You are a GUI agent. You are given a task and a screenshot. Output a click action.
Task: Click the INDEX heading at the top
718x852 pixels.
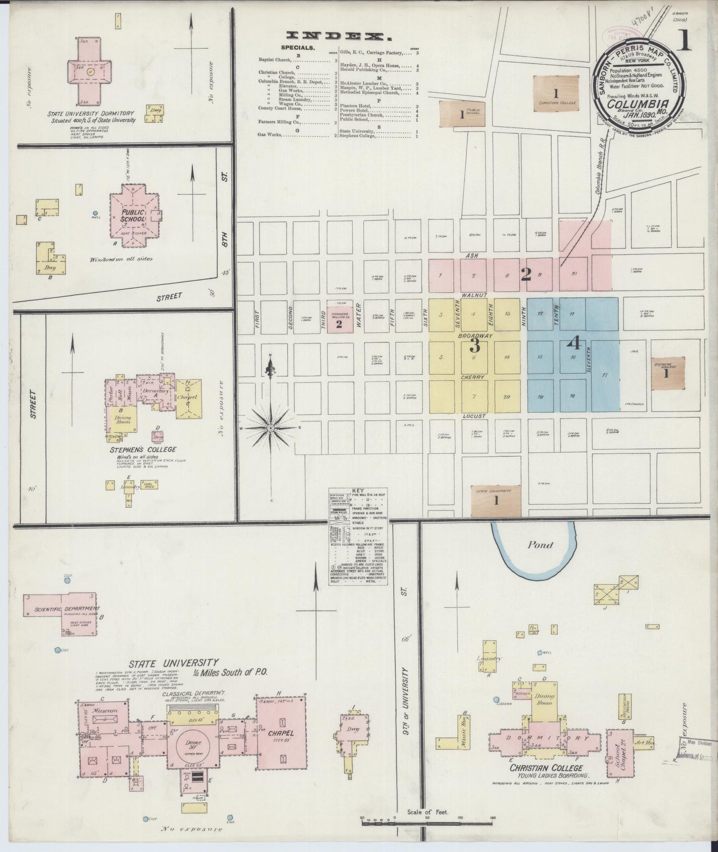coord(337,36)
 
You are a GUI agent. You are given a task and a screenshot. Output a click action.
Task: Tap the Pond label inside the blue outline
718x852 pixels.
coord(540,545)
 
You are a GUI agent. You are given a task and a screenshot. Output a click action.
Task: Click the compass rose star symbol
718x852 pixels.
coord(271,427)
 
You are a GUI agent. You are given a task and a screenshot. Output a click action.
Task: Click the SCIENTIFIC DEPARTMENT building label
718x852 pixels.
coord(61,608)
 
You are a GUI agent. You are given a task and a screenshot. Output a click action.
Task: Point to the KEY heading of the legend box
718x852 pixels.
coord(358,491)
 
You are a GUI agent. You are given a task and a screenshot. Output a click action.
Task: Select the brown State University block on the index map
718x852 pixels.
coord(495,501)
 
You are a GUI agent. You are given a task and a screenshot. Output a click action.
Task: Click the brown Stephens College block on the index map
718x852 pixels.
coord(666,373)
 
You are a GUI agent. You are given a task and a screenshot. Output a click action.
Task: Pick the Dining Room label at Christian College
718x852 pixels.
coord(544,699)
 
